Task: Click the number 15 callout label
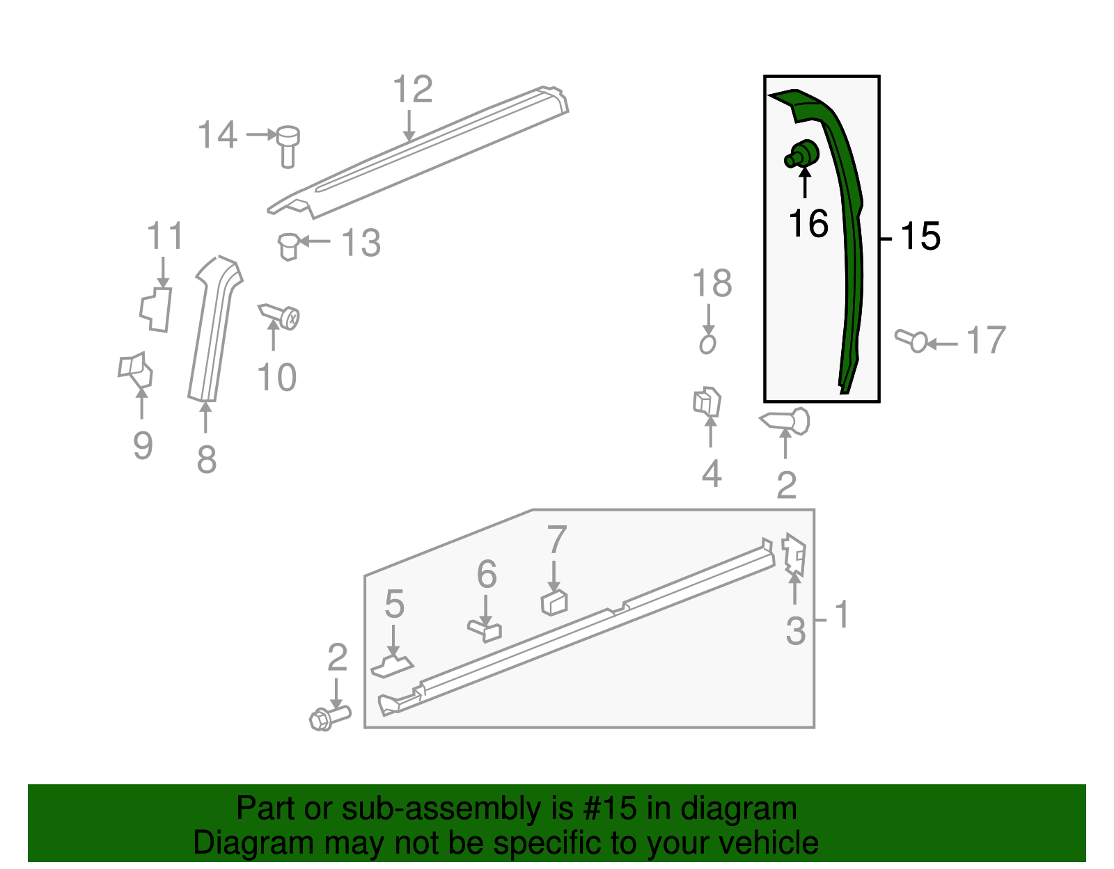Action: point(920,236)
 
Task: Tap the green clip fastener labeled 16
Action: point(802,154)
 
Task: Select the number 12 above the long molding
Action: point(413,89)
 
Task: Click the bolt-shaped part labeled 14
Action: point(288,146)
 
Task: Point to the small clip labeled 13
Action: point(289,247)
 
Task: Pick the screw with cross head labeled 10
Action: point(280,317)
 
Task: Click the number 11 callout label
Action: point(164,236)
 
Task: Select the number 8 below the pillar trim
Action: point(207,459)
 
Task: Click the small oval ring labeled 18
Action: point(708,344)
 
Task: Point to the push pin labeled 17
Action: point(911,341)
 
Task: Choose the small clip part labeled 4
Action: point(707,401)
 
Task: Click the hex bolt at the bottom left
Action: point(330,718)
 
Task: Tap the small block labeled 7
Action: point(554,603)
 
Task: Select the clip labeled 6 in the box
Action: point(485,631)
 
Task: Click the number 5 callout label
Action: point(394,604)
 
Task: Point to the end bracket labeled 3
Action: point(794,555)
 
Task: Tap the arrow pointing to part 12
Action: point(409,125)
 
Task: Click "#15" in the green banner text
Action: point(609,808)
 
